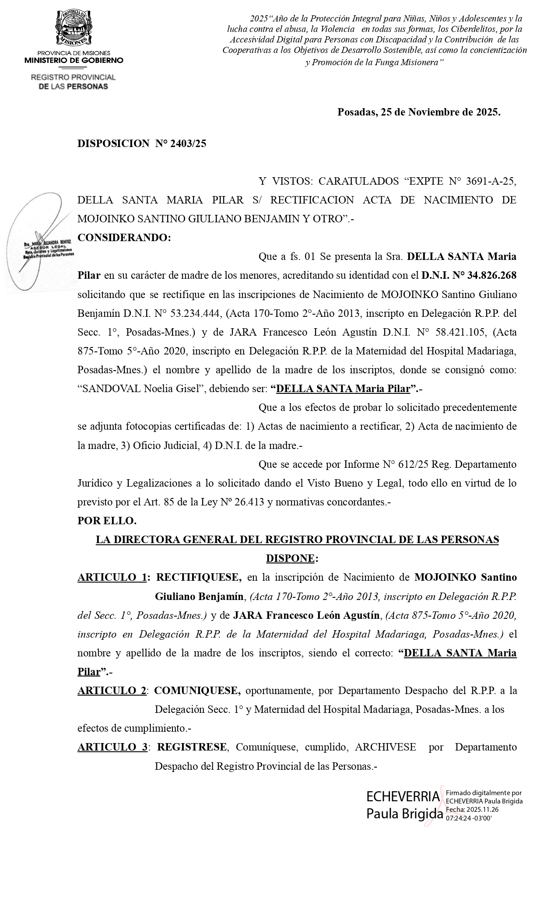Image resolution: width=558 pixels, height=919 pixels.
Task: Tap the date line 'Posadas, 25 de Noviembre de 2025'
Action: tap(418, 112)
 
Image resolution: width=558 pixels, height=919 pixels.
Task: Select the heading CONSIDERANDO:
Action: tap(124, 238)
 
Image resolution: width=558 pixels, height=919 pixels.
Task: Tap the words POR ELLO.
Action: tap(107, 521)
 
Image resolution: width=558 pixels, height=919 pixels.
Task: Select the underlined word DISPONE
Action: tap(290, 558)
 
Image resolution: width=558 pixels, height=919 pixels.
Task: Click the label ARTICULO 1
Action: tap(112, 577)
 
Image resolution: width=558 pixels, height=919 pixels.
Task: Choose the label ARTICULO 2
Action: tap(112, 691)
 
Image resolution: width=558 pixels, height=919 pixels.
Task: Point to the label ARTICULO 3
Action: tap(112, 747)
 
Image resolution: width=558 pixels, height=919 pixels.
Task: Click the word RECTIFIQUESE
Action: tap(199, 577)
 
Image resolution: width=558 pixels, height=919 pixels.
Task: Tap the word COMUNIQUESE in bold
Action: tap(197, 691)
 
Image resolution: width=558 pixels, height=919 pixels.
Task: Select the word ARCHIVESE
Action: tap(385, 747)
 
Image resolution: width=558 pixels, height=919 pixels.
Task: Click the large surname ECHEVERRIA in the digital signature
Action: tap(403, 796)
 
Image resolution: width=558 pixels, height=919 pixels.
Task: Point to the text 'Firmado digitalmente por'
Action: tap(483, 793)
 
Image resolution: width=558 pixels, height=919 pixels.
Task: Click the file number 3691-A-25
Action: tap(491, 181)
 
